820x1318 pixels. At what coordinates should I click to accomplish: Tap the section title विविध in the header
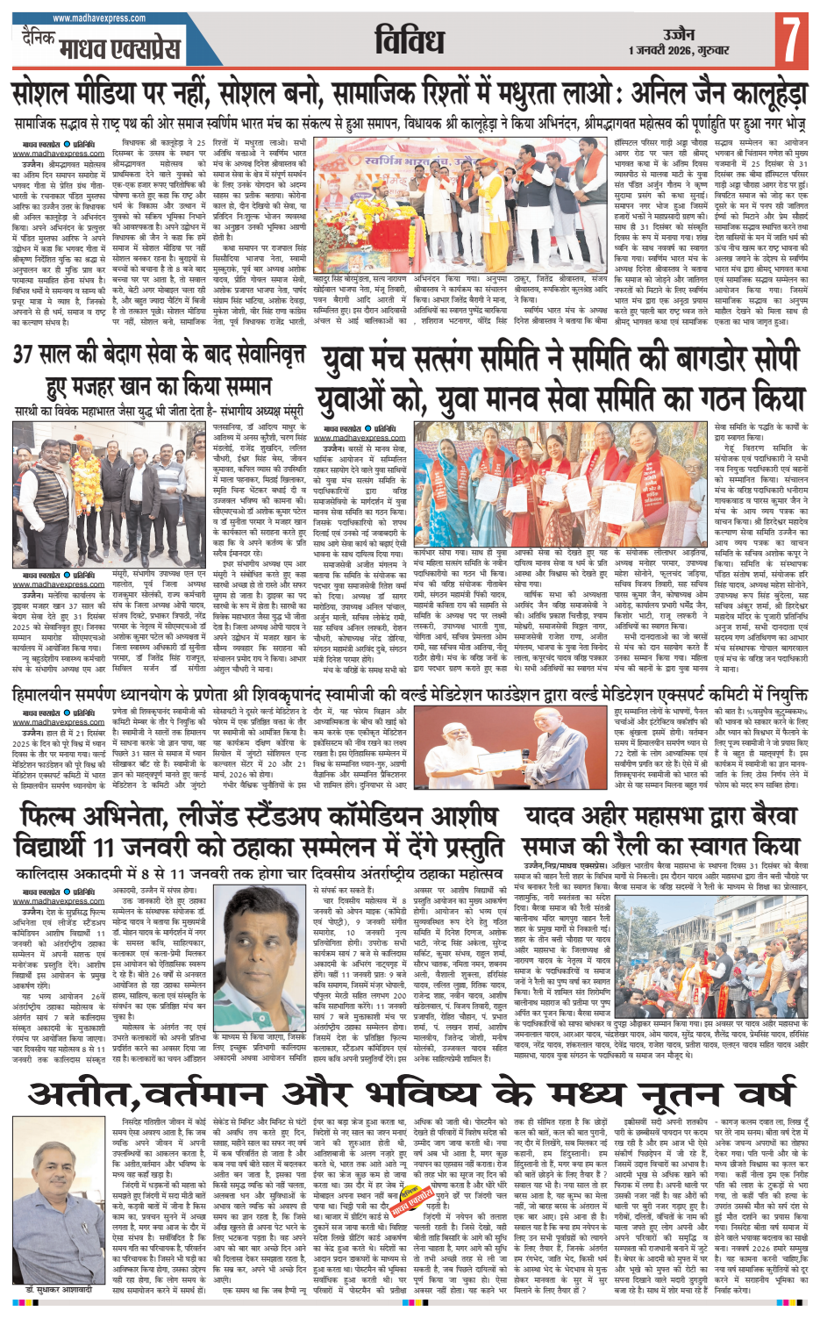point(410,41)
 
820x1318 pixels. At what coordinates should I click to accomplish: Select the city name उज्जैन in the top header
point(679,33)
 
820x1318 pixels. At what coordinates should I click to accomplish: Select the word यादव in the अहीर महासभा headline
point(554,817)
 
